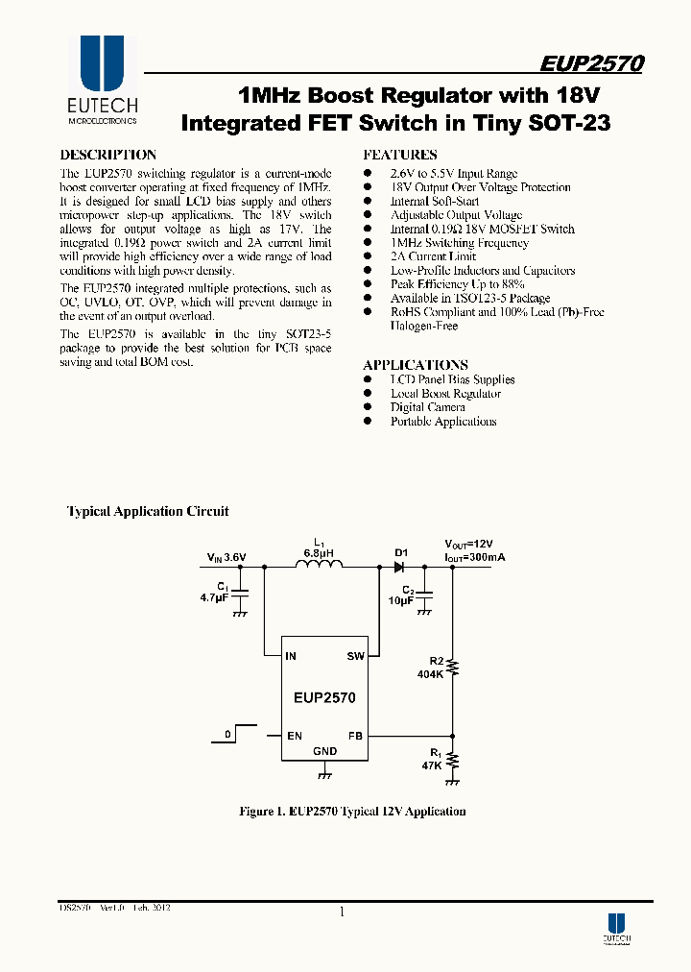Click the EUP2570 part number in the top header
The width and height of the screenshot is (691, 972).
[x=591, y=64]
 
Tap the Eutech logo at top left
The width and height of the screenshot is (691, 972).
[x=102, y=81]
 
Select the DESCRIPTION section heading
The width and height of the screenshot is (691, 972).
[x=107, y=155]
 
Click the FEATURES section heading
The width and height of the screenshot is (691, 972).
[x=399, y=155]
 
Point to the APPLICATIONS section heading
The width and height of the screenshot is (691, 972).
[x=415, y=365]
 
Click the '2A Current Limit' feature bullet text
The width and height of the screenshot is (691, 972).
[x=433, y=256]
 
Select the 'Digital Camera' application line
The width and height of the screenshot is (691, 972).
[x=427, y=407]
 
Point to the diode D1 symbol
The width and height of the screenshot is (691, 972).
[x=399, y=567]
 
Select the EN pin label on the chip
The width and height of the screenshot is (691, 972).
[x=294, y=736]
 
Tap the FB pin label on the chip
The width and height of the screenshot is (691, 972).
[x=355, y=736]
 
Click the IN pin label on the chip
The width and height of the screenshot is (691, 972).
[x=291, y=657]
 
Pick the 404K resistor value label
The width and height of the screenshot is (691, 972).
[x=428, y=675]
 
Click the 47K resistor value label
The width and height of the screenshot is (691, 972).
[x=431, y=765]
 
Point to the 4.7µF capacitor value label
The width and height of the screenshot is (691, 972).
[x=213, y=597]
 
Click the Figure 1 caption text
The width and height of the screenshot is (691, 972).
[x=352, y=812]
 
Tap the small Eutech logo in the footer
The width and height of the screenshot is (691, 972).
[x=616, y=926]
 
